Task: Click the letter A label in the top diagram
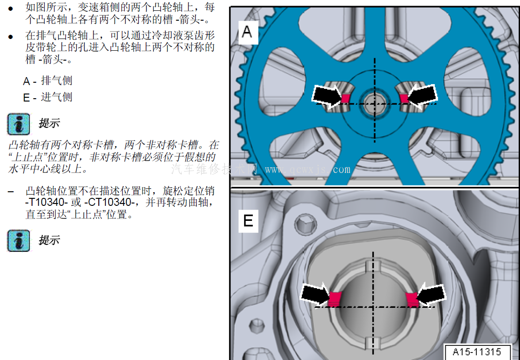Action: click(247, 32)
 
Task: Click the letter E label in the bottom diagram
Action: click(248, 221)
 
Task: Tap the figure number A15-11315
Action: click(477, 352)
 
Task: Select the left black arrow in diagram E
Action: click(315, 294)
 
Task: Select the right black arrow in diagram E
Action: click(431, 294)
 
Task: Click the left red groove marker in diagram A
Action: click(346, 98)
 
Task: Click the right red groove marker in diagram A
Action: click(404, 98)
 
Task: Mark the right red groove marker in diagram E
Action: click(412, 299)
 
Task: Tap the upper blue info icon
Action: click(19, 125)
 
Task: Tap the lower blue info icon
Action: click(19, 241)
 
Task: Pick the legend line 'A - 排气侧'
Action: click(47, 80)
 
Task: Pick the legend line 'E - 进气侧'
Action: click(47, 97)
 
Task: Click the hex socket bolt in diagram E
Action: click(305, 224)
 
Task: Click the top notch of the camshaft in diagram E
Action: click(373, 266)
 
